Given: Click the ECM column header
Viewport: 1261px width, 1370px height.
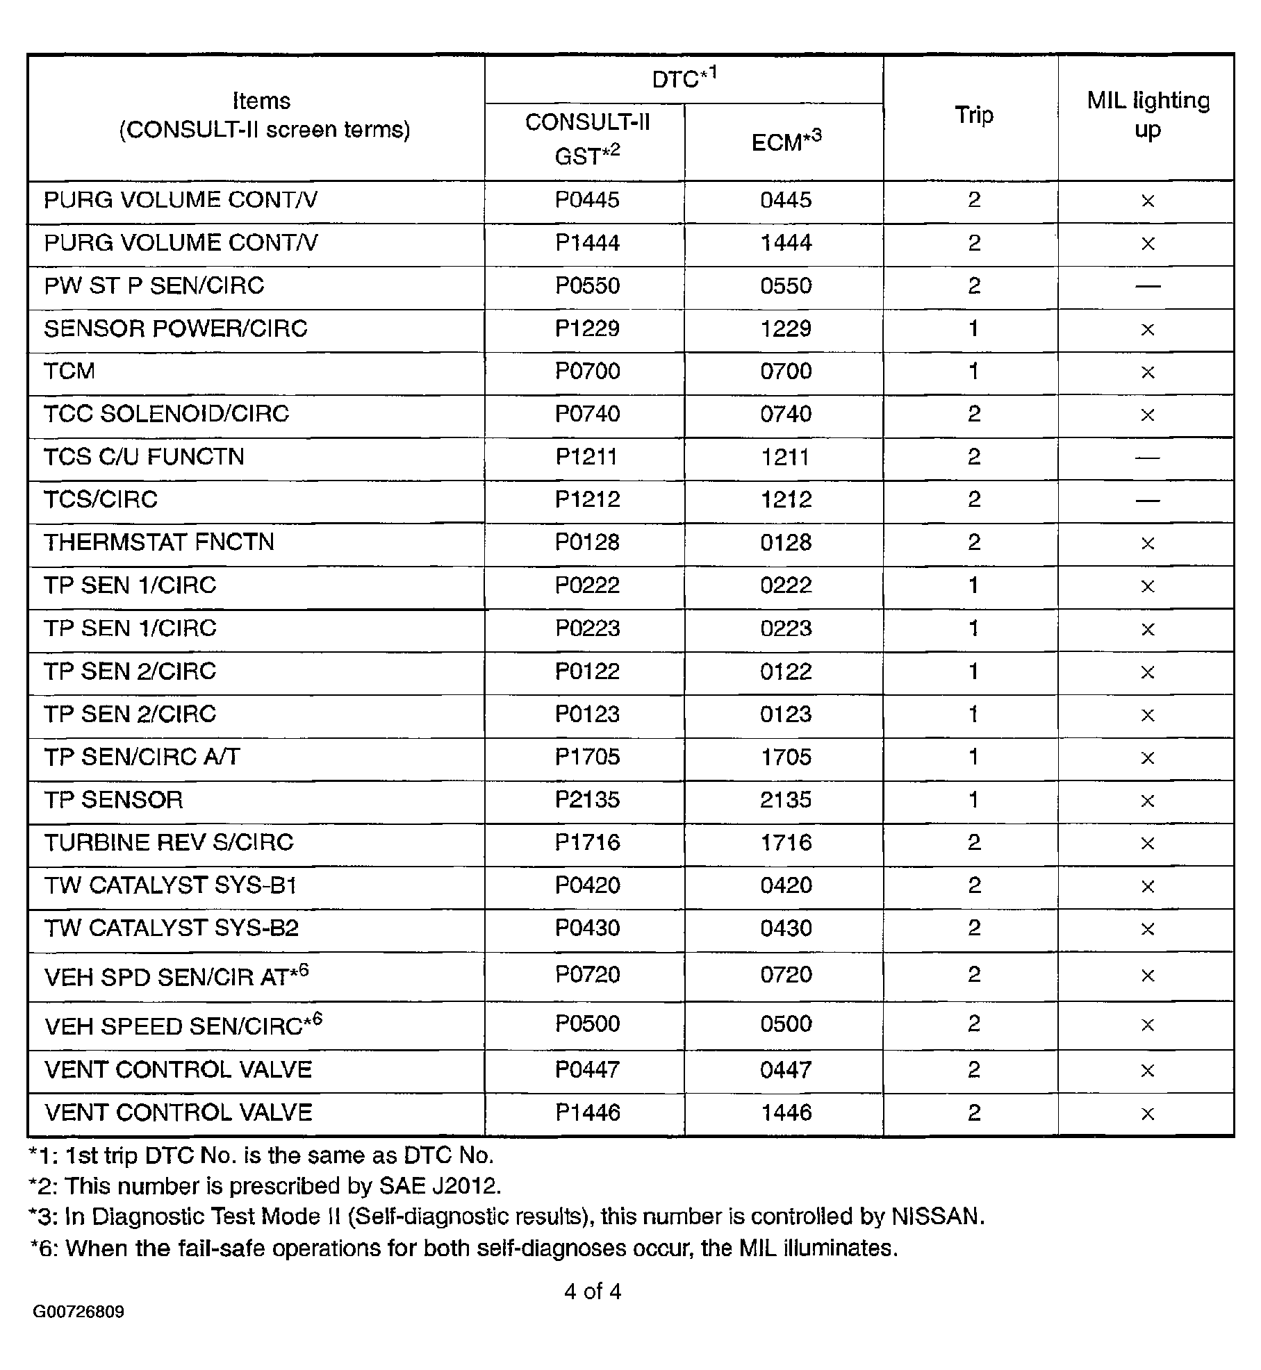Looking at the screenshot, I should click(x=785, y=142).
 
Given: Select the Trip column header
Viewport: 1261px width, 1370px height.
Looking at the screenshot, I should click(x=973, y=115).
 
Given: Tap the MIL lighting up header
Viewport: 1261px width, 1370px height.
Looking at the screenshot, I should click(x=1148, y=115).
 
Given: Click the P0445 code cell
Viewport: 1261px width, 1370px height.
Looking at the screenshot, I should click(x=587, y=200).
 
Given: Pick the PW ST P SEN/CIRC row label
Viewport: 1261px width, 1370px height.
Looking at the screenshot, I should click(x=154, y=285).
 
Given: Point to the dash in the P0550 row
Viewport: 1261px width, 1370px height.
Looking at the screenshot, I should click(x=1148, y=285).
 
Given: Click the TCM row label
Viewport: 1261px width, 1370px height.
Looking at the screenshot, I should click(x=69, y=371).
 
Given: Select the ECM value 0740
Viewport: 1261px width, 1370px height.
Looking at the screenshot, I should click(x=786, y=414).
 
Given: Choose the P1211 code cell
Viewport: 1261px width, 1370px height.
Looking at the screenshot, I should click(x=587, y=457).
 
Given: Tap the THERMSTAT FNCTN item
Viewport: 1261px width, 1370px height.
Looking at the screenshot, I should click(x=159, y=542).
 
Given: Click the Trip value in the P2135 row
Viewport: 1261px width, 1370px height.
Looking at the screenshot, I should click(x=973, y=800).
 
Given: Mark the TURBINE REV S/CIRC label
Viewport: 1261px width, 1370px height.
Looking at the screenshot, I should click(x=169, y=842).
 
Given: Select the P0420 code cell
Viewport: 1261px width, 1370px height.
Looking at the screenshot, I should click(x=587, y=885).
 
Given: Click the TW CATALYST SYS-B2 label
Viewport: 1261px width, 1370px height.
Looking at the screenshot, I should click(x=172, y=928).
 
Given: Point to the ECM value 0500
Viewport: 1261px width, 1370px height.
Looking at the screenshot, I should click(x=786, y=1024).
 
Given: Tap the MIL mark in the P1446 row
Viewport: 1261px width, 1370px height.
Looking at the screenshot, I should click(x=1148, y=1114).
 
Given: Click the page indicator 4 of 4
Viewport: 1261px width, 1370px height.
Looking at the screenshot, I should click(x=593, y=1292).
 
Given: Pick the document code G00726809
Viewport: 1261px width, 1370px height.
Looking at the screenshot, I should click(x=79, y=1312).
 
